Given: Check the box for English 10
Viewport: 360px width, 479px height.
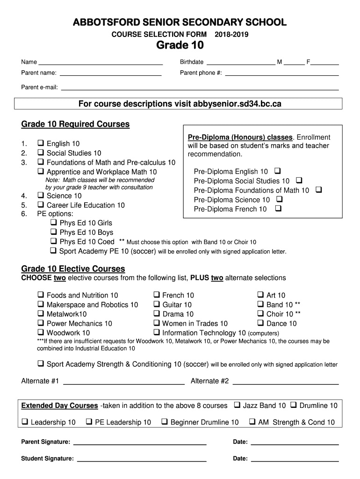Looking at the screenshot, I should point(41,143).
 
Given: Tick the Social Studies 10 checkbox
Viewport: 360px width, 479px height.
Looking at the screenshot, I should point(41,152).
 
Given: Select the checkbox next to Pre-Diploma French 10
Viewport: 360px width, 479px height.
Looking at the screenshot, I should point(278,209).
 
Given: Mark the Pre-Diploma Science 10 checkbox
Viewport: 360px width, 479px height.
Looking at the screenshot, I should point(279,199).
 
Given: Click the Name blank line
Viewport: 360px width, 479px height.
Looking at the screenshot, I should point(100,63).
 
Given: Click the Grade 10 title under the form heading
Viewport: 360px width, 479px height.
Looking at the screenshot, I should point(180,45).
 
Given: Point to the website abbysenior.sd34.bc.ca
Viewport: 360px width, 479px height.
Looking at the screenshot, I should point(237,103).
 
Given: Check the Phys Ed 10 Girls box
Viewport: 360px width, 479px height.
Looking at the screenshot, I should point(54,223).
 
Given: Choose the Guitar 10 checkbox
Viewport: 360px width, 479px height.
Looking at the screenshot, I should point(157,305).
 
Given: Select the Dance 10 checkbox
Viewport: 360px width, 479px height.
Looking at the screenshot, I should point(261,323).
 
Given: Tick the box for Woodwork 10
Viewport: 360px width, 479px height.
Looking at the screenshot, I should point(41,333).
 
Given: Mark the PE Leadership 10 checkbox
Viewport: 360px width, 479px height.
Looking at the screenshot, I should point(89,422).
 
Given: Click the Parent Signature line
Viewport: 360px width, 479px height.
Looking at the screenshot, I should point(140,443).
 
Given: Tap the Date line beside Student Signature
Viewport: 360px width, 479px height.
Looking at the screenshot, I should point(295,460).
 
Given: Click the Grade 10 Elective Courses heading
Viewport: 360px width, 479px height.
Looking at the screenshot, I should point(73,269).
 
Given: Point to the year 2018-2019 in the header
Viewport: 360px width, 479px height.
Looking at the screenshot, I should point(231,35).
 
